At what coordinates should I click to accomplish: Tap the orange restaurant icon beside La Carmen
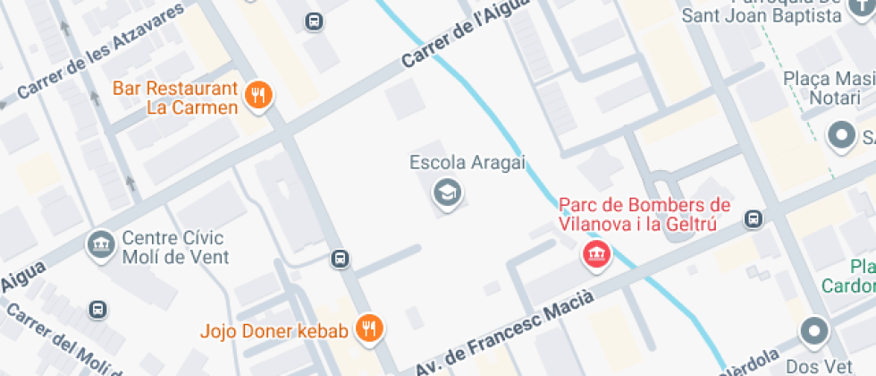259,95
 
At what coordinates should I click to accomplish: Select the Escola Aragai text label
467,163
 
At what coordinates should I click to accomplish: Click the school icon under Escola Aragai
445,192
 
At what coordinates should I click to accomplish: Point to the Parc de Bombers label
644,215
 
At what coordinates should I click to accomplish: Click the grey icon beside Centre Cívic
99,243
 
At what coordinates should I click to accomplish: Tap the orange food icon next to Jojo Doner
367,329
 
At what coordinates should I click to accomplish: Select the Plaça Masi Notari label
828,88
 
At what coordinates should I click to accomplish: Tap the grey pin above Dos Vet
814,332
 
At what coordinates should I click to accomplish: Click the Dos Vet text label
815,366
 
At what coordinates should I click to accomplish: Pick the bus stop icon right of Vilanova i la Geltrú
754,218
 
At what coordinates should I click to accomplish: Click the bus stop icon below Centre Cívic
97,310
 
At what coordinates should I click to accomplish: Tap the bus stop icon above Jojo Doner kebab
340,260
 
